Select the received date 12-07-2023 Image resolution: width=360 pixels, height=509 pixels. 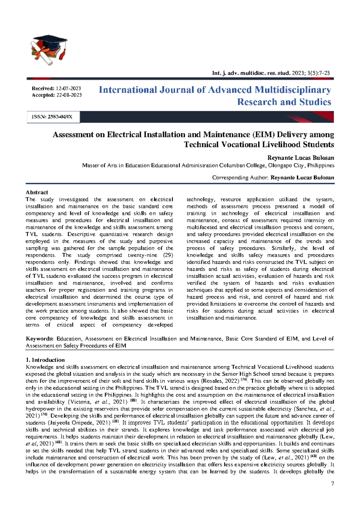coord(68,89)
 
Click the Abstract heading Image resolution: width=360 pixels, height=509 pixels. coord(37,192)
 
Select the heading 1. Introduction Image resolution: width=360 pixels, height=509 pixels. coord(45,360)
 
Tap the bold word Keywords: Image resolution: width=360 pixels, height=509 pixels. coord(40,339)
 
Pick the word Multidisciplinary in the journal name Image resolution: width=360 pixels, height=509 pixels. coord(293,90)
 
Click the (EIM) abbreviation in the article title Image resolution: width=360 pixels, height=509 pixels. coord(263,135)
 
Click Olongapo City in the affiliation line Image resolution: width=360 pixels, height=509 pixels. coord(287,165)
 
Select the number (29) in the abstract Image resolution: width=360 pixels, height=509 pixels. coord(168,255)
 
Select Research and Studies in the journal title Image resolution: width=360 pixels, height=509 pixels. coord(284,102)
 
